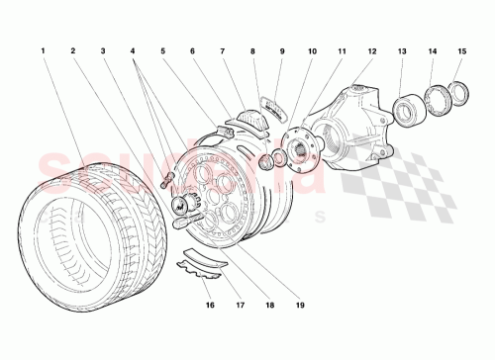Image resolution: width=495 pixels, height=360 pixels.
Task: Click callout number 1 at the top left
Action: [x=44, y=48]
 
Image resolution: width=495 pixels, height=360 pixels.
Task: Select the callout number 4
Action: [x=133, y=48]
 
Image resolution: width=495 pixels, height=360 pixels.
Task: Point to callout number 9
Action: [x=282, y=48]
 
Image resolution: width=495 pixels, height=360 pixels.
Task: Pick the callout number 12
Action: [x=373, y=48]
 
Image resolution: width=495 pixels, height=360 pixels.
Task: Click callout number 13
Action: [x=402, y=48]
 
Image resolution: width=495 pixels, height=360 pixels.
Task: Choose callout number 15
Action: [x=462, y=48]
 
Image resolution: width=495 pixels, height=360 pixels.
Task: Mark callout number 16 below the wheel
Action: [x=210, y=307]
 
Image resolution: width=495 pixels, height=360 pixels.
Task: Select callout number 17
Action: [x=240, y=307]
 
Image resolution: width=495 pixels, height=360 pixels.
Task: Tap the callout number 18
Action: [x=268, y=307]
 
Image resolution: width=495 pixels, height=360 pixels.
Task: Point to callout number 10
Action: [x=312, y=48]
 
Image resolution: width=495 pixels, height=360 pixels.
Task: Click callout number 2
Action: [x=72, y=48]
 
